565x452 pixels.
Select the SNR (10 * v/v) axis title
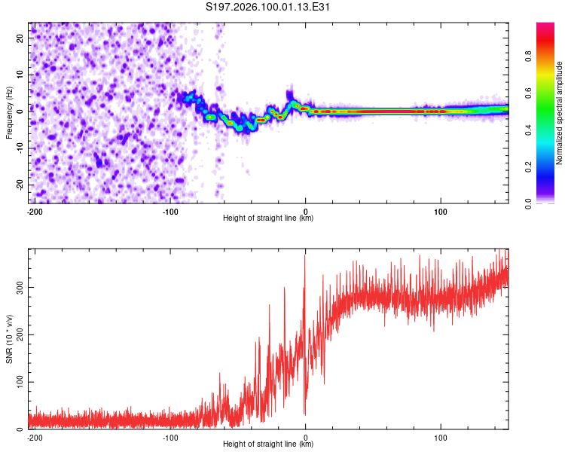click(9, 339)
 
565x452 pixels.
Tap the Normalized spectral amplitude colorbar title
click(560, 113)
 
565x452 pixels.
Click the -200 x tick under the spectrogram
click(34, 211)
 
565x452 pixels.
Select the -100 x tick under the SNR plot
click(170, 437)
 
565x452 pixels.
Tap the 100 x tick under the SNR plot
click(440, 437)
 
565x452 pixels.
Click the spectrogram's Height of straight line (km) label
click(269, 218)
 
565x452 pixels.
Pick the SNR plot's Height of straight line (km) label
click(269, 444)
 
